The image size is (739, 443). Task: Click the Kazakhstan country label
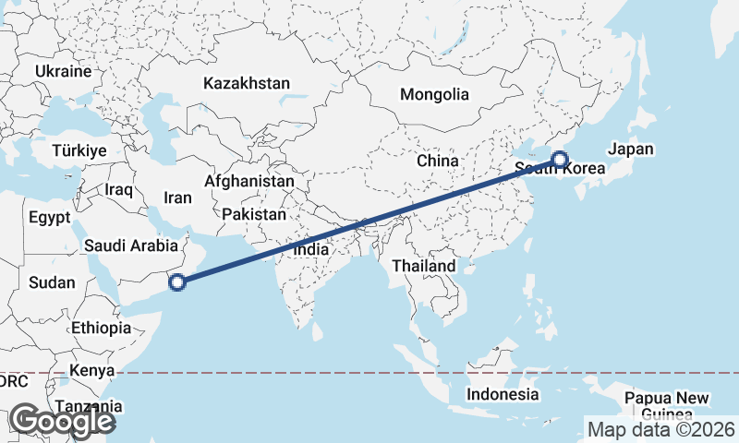[x=247, y=83]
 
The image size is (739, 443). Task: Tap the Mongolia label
[x=434, y=94]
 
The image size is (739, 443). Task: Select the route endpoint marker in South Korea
[x=560, y=160]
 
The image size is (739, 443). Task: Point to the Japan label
[x=631, y=150]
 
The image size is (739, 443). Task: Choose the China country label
[x=437, y=161]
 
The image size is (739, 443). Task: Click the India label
[x=310, y=249]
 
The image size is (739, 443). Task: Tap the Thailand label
[x=424, y=266]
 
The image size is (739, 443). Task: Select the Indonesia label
[x=503, y=394]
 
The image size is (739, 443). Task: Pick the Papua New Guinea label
[x=666, y=405]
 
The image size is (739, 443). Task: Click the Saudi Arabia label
[x=130, y=245]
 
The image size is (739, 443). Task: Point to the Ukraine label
[x=64, y=71]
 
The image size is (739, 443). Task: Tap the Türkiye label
[x=80, y=150]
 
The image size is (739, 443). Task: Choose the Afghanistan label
[x=249, y=182]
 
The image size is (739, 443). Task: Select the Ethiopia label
[x=101, y=328]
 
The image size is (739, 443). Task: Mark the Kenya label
[x=91, y=371]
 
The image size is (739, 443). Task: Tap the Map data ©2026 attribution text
[x=660, y=429]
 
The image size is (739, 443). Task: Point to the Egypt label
[x=50, y=219]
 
